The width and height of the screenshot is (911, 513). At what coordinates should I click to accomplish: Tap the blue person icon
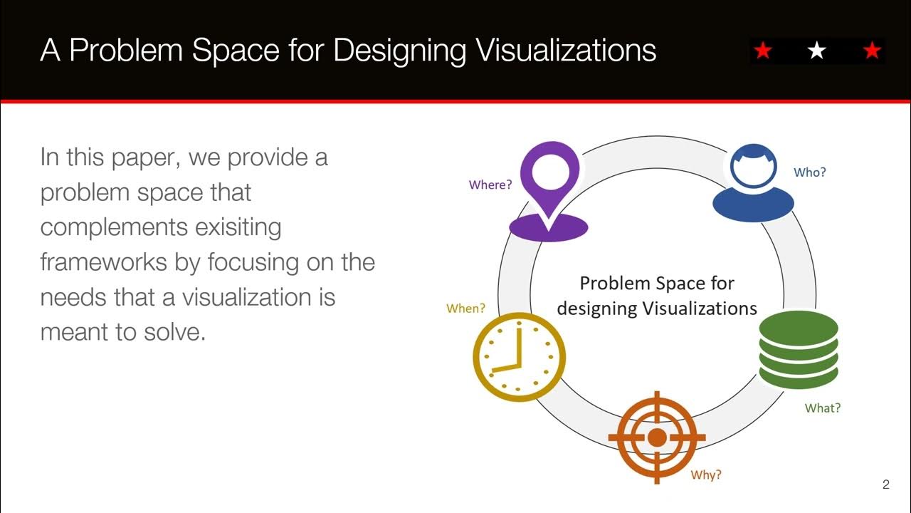(x=753, y=183)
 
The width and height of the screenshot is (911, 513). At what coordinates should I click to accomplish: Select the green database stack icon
(x=799, y=350)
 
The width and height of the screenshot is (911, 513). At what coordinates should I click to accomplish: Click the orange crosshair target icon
(x=656, y=436)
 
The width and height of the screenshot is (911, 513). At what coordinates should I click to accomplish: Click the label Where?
(x=490, y=185)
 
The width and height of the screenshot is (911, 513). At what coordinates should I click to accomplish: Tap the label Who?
(x=809, y=172)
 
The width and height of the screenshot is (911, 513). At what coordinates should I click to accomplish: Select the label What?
(x=822, y=408)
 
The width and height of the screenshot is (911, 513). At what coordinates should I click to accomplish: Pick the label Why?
(x=706, y=475)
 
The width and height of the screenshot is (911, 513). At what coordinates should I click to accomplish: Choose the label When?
(x=465, y=309)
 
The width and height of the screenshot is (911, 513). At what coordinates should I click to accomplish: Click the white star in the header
(x=817, y=51)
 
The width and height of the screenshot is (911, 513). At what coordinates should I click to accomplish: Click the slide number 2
(x=885, y=485)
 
